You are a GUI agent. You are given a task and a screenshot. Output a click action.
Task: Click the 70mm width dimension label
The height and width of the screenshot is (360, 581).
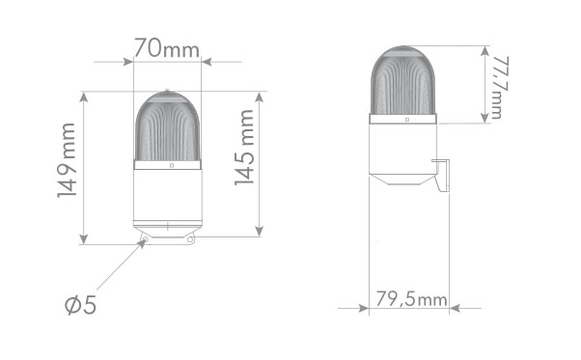(166, 46)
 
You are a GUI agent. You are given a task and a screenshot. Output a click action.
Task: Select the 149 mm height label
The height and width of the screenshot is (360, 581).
(66, 161)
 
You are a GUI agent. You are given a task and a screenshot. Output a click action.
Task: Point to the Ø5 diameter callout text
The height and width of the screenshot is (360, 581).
(81, 306)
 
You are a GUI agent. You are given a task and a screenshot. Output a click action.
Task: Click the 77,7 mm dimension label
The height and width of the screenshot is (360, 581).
(497, 86)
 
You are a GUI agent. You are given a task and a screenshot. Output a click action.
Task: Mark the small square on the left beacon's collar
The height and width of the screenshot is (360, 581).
(171, 165)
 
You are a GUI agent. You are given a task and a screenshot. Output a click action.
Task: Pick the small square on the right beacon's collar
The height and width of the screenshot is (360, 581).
(407, 120)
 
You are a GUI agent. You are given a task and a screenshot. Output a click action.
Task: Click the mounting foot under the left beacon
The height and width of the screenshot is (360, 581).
(167, 235)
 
